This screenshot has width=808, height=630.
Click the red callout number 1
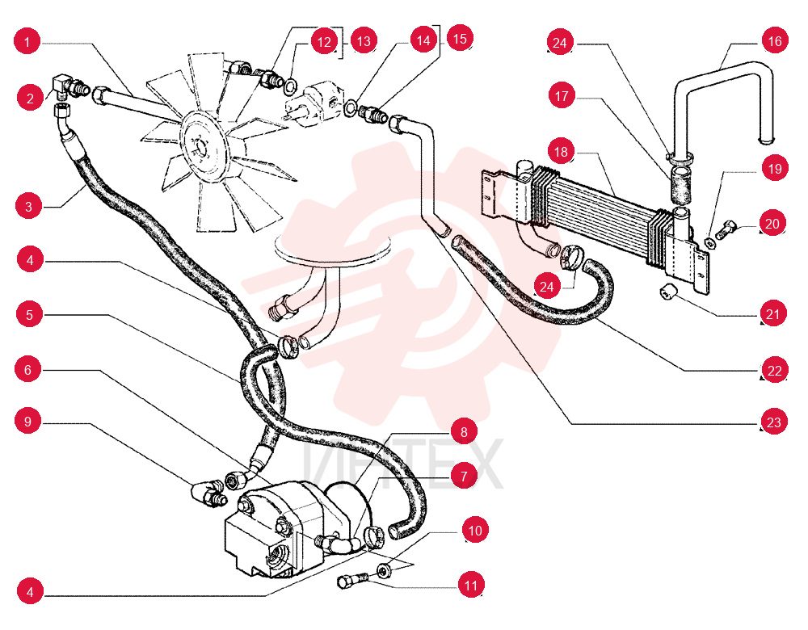(x=27, y=40)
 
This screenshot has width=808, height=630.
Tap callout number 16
(x=775, y=40)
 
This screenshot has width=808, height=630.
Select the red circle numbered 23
(x=774, y=422)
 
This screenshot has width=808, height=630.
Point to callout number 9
(x=28, y=422)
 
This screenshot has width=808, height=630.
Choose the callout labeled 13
(x=364, y=40)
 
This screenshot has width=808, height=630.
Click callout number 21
(x=773, y=313)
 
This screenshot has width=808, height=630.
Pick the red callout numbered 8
(x=463, y=431)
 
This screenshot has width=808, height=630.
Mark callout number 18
(x=562, y=152)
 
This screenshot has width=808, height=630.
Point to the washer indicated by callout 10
(x=383, y=571)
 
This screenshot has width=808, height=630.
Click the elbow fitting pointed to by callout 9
(x=208, y=493)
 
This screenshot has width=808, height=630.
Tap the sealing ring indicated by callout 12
(x=290, y=86)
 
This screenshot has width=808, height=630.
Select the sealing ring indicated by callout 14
(x=351, y=107)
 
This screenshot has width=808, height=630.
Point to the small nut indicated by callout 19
(x=710, y=242)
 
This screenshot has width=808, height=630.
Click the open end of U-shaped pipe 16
(x=767, y=139)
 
